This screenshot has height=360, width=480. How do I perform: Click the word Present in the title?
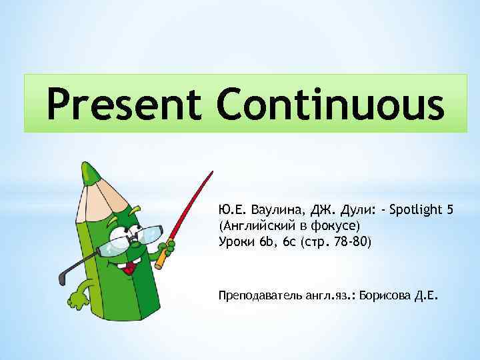[117, 105]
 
